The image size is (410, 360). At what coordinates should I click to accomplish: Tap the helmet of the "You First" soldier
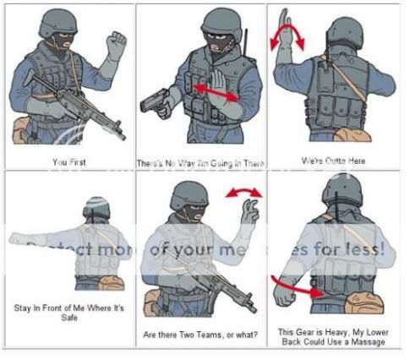(57, 22)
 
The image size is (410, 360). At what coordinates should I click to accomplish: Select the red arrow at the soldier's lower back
(298, 286)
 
